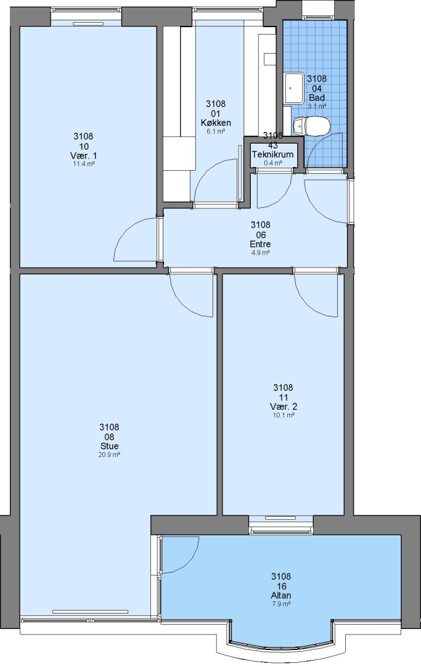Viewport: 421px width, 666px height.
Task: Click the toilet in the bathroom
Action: coord(311,126)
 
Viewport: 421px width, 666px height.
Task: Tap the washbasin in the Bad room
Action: coord(293,88)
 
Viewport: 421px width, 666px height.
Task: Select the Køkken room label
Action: coord(216,123)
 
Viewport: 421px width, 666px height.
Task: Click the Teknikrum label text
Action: coord(273,155)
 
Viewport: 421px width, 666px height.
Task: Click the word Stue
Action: coord(109,446)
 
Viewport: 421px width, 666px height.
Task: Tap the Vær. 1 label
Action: coord(83,155)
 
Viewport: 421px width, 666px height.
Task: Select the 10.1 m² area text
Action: coord(283,416)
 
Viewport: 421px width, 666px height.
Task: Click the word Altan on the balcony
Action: coord(281,595)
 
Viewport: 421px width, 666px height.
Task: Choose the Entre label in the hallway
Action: coord(260,244)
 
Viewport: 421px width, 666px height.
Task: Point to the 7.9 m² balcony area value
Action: coord(281,604)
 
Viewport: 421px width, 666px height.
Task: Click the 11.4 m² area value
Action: coord(83,164)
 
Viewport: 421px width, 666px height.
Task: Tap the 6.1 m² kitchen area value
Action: coord(216,132)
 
